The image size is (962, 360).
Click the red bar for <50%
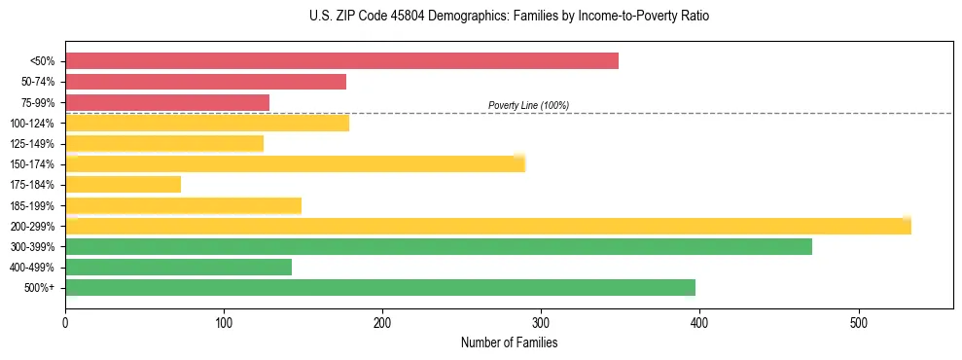tap(341, 61)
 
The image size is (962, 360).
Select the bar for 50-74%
tap(205, 82)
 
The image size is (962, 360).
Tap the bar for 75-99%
tap(167, 102)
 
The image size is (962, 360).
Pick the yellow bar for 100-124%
tap(207, 123)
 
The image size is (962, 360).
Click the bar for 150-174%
tap(295, 163)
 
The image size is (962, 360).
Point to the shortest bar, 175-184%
tap(123, 184)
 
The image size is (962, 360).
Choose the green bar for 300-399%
tap(439, 246)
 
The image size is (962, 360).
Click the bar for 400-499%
tap(178, 267)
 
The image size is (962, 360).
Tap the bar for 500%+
tap(380, 287)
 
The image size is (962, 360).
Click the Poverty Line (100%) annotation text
tap(528, 105)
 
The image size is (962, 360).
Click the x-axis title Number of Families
tap(509, 342)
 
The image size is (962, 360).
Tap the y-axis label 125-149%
tap(32, 144)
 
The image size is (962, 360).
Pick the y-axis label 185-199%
tap(32, 205)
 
